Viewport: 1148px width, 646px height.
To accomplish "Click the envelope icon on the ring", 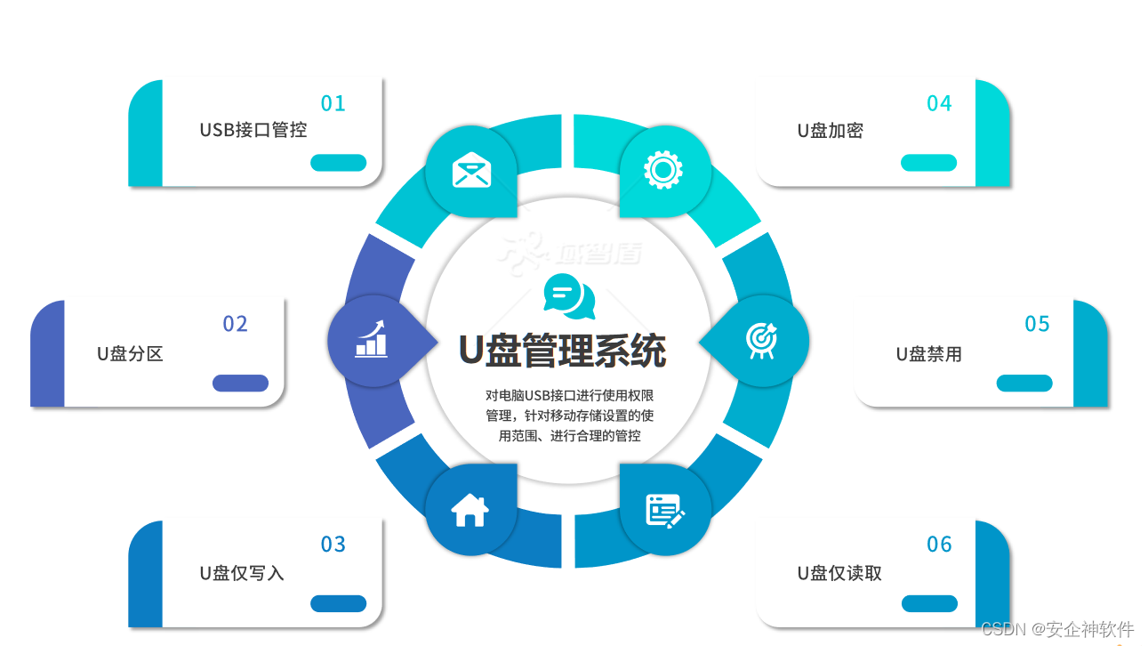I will [471, 170].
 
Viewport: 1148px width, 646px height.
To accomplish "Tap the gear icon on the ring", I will [662, 169].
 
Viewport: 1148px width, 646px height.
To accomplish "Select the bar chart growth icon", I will [372, 339].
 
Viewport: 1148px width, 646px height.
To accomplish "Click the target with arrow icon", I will [761, 339].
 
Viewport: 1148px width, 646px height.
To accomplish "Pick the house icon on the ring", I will [470, 510].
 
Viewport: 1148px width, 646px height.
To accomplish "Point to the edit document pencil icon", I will [664, 510].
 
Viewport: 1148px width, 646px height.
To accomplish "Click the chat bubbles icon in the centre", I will [569, 297].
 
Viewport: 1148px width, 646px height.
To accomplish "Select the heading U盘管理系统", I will [562, 351].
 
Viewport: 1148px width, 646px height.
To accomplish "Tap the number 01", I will [333, 104].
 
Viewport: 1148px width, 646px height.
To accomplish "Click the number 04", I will [939, 104].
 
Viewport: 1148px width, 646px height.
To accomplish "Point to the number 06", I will [939, 545].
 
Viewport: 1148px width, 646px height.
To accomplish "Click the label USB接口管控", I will [253, 130].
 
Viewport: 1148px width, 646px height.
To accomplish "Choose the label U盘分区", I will [130, 353].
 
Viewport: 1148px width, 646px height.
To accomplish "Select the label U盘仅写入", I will [242, 573].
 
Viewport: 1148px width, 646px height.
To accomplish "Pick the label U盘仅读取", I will [839, 573].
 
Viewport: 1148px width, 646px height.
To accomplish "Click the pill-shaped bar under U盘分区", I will [240, 383].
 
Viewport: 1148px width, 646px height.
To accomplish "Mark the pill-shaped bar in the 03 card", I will [338, 603].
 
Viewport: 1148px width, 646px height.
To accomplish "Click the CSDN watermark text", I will [1058, 628].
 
